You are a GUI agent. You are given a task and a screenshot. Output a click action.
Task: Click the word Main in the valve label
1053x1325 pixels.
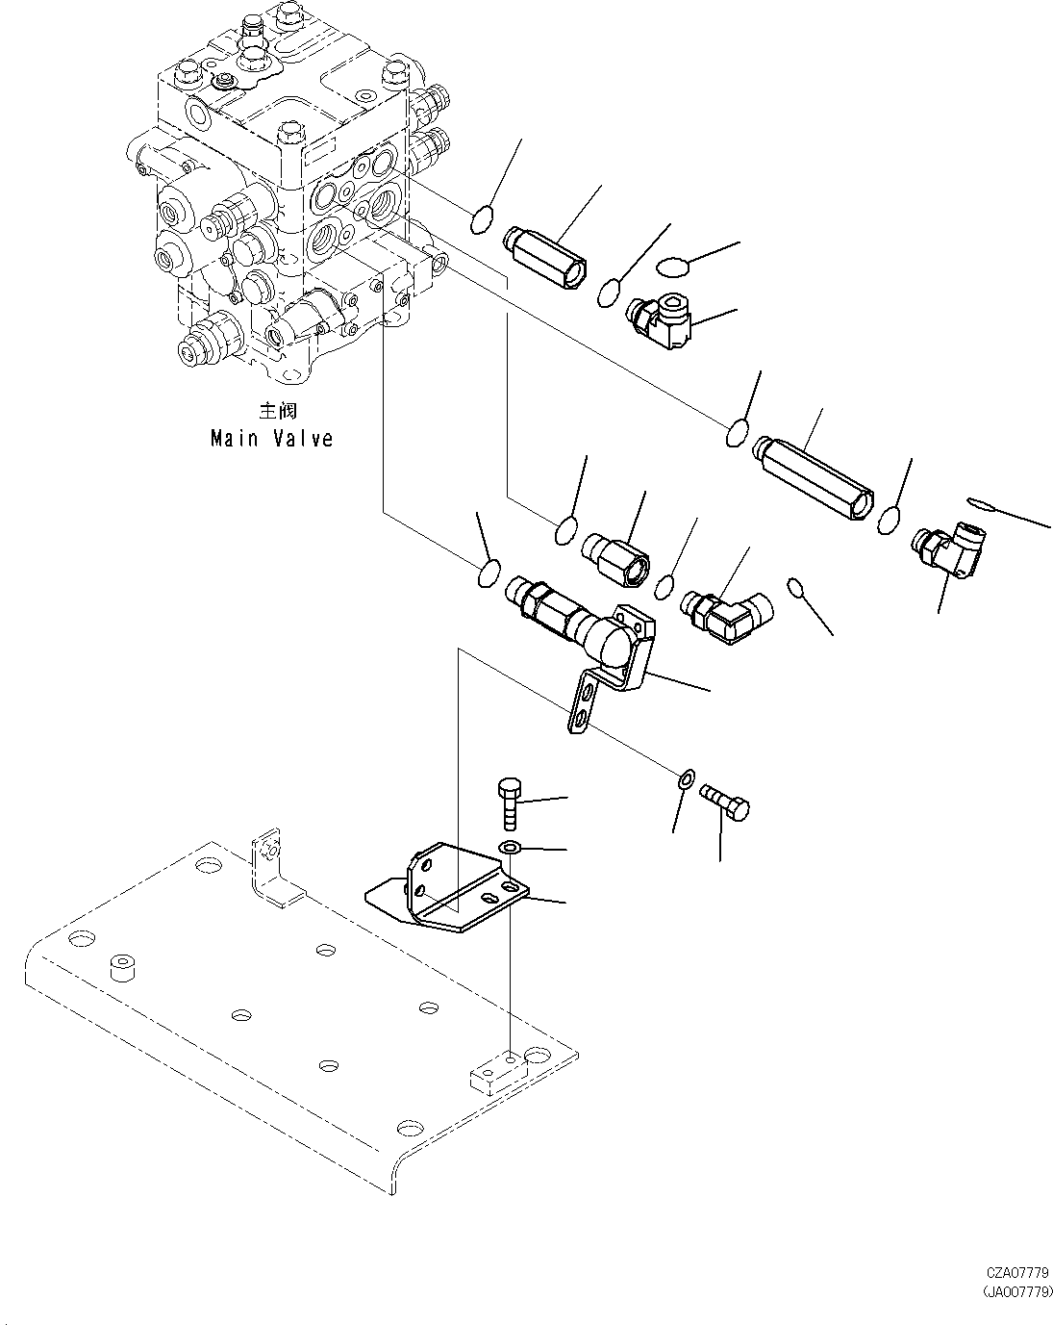(234, 439)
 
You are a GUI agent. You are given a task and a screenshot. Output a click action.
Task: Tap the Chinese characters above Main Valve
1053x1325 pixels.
(278, 411)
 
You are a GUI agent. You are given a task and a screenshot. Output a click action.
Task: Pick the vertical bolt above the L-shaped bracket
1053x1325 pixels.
(509, 803)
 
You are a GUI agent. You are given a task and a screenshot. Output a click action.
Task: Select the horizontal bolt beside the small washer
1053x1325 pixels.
(725, 802)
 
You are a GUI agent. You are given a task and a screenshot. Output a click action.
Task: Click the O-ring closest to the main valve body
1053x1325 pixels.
(482, 219)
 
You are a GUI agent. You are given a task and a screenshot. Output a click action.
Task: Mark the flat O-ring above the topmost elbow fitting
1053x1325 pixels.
(672, 268)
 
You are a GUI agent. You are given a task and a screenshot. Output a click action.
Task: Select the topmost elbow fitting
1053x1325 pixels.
(659, 320)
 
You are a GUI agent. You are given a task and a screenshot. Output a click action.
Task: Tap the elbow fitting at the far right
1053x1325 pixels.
(949, 548)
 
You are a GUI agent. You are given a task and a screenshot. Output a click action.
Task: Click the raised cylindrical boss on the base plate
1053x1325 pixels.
(122, 969)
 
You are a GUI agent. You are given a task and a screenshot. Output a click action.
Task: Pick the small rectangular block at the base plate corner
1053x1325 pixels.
(498, 1078)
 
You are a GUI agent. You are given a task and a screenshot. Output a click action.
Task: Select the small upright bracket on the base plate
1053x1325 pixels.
(274, 869)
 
